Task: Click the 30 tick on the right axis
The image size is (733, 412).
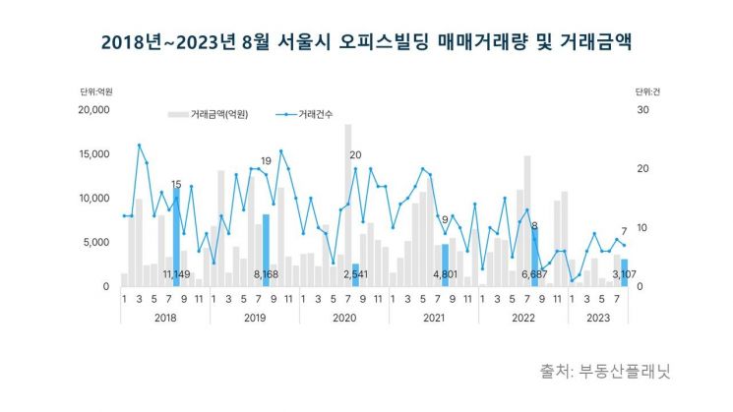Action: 641,110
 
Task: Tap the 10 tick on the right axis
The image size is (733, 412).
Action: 641,228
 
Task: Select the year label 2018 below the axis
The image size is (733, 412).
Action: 164,317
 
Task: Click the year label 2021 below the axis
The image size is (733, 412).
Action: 433,317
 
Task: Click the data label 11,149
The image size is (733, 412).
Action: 177,275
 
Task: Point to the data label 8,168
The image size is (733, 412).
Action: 266,275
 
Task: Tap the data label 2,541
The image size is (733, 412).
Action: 355,275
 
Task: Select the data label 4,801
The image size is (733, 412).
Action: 445,275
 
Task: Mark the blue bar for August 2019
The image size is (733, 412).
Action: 266,246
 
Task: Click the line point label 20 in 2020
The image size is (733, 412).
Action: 355,155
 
